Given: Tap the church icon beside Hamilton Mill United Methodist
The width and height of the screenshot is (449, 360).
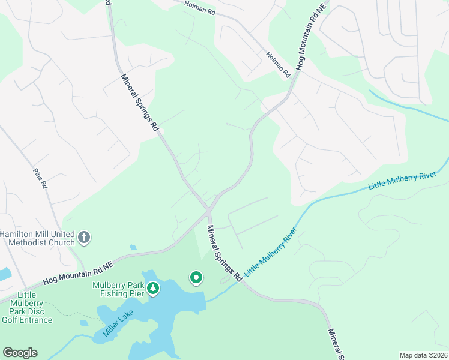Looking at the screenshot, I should click(84, 238).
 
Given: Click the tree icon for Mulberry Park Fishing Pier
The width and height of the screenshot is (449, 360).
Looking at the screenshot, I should click(153, 289).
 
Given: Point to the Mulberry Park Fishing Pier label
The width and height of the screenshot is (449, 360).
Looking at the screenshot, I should click(118, 289).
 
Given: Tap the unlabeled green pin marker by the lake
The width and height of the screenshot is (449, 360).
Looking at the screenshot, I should click(196, 277).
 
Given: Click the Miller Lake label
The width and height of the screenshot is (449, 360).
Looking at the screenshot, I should click(118, 323).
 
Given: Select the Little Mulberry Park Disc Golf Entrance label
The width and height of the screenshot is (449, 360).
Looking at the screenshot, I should click(26, 307).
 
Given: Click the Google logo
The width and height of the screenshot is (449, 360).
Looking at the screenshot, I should click(20, 353).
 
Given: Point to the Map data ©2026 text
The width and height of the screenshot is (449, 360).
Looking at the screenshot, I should click(423, 355).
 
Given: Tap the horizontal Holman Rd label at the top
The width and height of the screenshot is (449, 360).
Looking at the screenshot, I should click(199, 10).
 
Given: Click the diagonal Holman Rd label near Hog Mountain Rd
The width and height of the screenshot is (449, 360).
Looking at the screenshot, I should click(278, 64).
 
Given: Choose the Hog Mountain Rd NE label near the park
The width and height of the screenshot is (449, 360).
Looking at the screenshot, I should click(79, 272).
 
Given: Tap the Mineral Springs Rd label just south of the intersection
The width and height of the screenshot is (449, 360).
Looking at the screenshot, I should click(224, 253).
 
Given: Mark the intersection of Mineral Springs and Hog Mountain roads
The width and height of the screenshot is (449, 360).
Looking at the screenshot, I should click(208, 210).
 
